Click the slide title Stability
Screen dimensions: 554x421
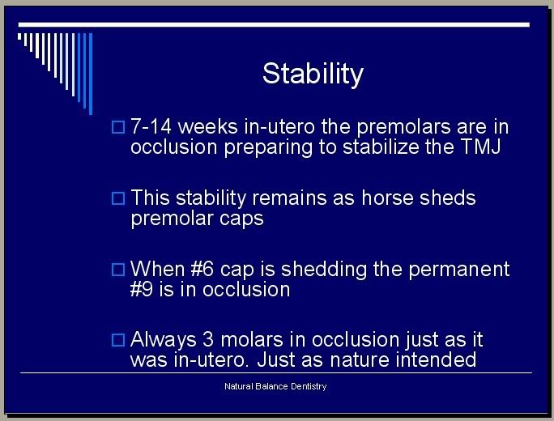point(313,74)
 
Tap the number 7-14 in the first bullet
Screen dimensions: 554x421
point(151,126)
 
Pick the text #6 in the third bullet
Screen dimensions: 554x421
point(202,269)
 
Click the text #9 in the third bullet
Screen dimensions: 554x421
point(142,289)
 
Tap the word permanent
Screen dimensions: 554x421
point(459,270)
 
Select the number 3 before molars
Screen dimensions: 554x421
point(208,339)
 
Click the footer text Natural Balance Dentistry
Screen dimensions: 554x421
point(275,386)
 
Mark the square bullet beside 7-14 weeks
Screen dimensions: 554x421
point(118,127)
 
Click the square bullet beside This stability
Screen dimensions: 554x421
point(118,198)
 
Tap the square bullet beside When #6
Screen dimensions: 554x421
point(118,270)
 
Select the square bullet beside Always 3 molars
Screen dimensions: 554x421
point(118,340)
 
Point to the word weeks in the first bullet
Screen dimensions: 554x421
point(207,126)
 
